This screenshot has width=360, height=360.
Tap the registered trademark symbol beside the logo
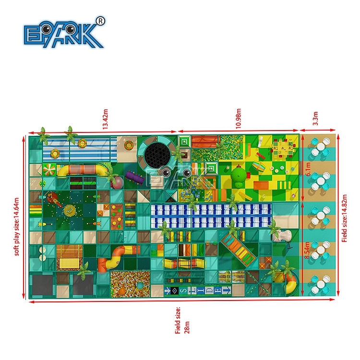[100, 21]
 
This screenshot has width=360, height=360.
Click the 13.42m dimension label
[105, 119]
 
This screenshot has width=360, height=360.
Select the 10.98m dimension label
[239, 119]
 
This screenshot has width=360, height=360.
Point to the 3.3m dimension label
[315, 119]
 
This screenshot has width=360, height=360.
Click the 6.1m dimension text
[308, 169]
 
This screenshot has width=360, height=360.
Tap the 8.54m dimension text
[307, 250]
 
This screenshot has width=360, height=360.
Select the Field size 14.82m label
[344, 218]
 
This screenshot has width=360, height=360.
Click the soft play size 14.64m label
[16, 227]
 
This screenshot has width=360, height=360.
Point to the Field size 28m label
[182, 320]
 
